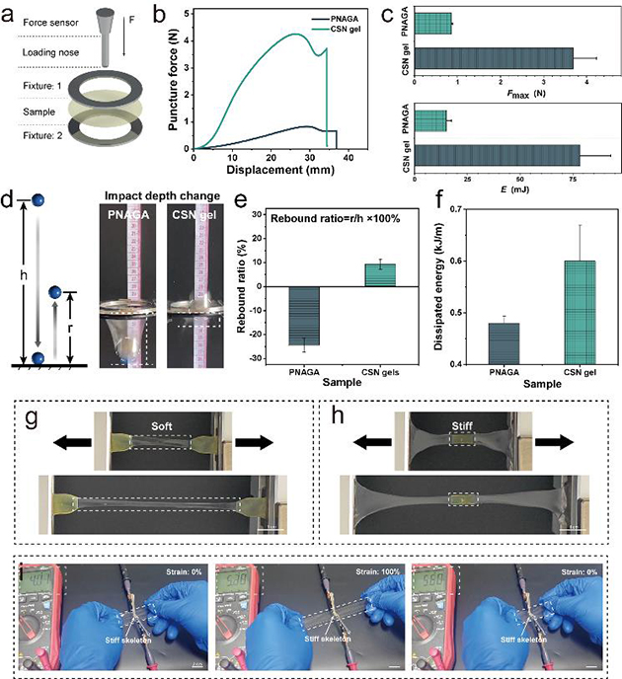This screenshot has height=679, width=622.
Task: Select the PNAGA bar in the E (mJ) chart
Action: [x=431, y=120]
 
